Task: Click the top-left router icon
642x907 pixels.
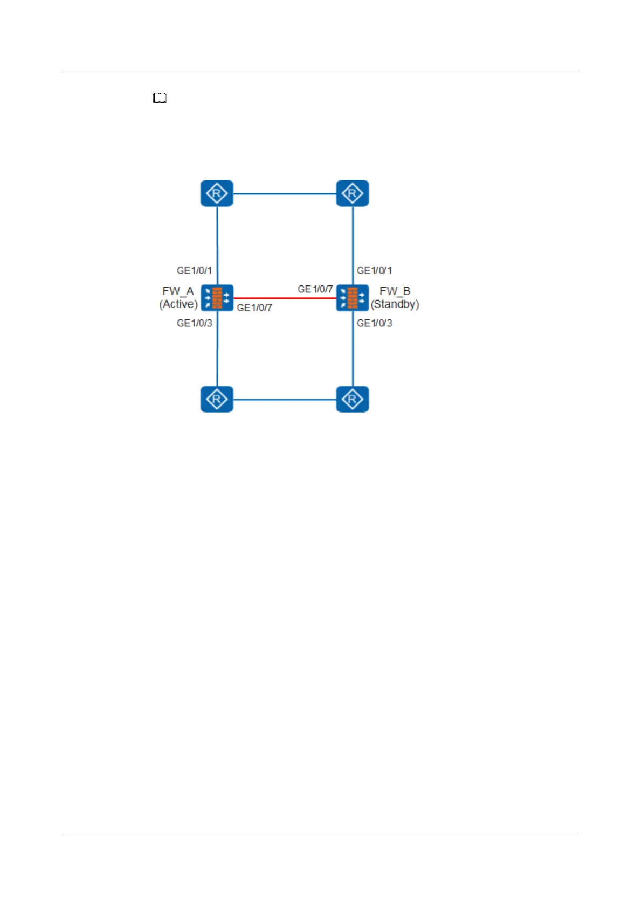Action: click(217, 193)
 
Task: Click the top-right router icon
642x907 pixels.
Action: click(353, 193)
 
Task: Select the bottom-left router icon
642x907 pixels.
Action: click(217, 399)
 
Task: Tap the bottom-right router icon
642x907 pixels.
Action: click(353, 399)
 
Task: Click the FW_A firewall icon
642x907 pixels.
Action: click(217, 298)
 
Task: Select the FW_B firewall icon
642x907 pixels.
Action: click(353, 298)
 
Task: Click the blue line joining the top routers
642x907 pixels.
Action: click(285, 194)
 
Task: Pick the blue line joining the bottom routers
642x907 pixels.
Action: click(285, 400)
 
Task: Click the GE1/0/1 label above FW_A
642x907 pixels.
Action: click(195, 270)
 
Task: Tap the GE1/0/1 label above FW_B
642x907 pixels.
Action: click(375, 270)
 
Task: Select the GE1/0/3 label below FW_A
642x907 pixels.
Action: click(195, 323)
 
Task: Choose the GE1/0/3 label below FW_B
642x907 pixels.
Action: click(375, 323)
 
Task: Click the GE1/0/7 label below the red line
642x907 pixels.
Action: click(254, 308)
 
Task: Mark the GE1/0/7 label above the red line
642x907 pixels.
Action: click(315, 289)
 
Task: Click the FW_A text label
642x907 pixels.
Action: click(178, 291)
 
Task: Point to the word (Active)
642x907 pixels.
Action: click(178, 304)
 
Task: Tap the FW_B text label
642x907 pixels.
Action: click(395, 291)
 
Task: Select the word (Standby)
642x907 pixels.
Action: click(395, 304)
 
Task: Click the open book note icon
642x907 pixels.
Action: click(160, 98)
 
